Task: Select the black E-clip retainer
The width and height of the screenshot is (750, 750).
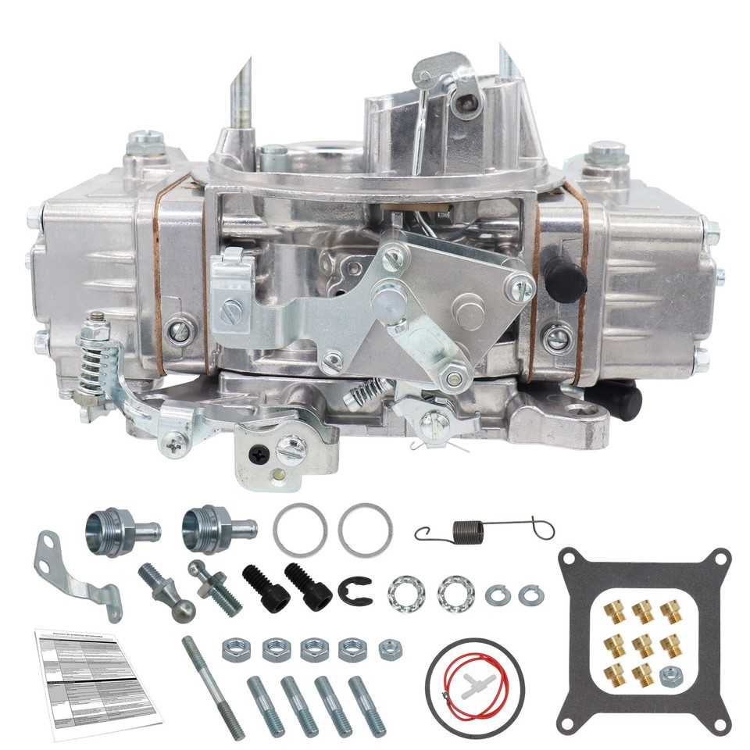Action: click(x=353, y=591)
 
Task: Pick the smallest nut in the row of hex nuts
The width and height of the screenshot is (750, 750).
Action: click(x=388, y=648)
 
